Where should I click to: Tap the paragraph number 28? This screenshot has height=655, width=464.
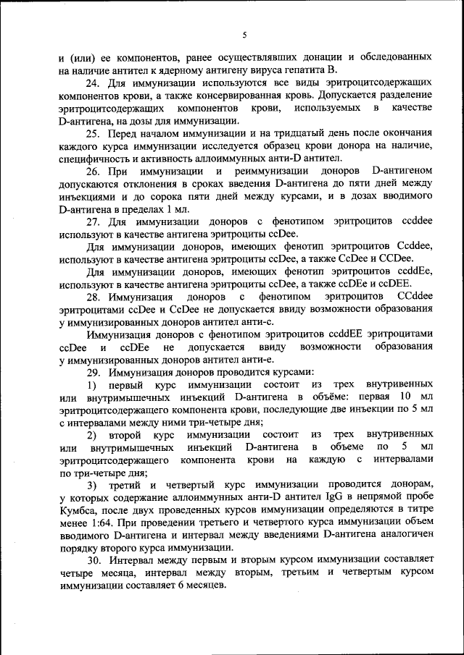point(94,297)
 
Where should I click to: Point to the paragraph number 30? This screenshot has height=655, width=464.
point(94,560)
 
